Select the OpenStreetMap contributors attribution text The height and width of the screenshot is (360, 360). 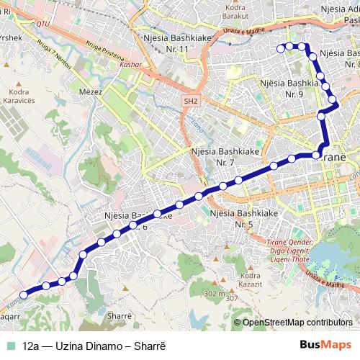click(x=297, y=323)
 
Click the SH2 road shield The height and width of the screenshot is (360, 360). click(x=189, y=102)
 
